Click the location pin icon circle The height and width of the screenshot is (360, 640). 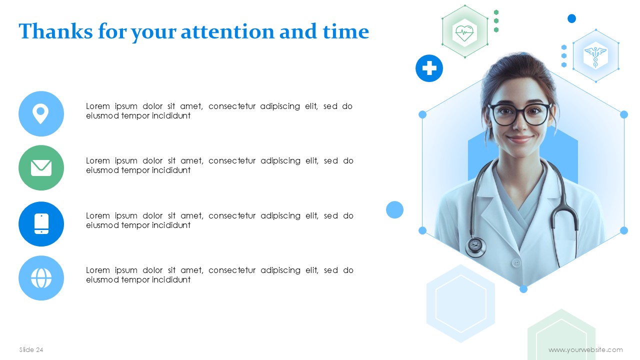click(41, 113)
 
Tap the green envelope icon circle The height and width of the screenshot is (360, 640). click(41, 167)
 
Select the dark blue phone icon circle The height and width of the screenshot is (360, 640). click(41, 224)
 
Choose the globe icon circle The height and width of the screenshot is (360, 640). click(41, 278)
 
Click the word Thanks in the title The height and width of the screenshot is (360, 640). click(55, 31)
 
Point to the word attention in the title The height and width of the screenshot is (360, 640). click(227, 31)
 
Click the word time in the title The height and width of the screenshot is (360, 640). click(346, 31)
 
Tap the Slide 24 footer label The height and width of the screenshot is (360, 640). click(31, 349)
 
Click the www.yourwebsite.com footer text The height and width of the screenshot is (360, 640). click(585, 349)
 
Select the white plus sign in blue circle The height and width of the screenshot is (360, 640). click(429, 68)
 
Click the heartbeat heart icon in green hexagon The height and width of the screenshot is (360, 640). click(464, 32)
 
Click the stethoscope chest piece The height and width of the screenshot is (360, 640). click(475, 246)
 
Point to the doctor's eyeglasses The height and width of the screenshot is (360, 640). click(519, 114)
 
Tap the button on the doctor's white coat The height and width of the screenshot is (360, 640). click(516, 262)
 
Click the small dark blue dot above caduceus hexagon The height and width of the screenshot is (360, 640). click(571, 18)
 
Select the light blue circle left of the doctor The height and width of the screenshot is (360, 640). click(394, 209)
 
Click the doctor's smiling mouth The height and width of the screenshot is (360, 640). click(519, 139)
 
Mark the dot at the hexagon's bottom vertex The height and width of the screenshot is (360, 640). click(523, 289)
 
